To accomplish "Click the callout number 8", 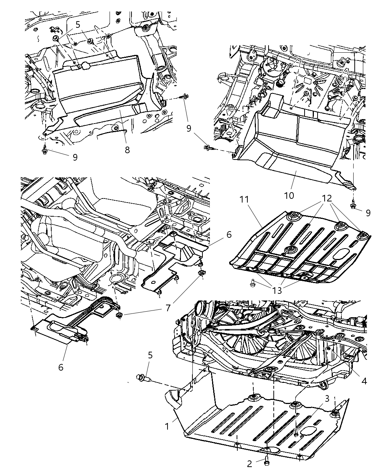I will (x=127, y=150).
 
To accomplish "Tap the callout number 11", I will (x=244, y=199).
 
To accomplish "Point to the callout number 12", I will (x=327, y=198).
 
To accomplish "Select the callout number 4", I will (x=364, y=381).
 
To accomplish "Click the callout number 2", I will (x=250, y=463).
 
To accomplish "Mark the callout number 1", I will (x=167, y=426).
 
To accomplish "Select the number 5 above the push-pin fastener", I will (x=150, y=355).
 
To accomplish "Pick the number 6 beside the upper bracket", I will (x=229, y=234).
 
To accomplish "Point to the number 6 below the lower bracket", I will (x=61, y=367).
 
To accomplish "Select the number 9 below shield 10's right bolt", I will (x=368, y=213).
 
